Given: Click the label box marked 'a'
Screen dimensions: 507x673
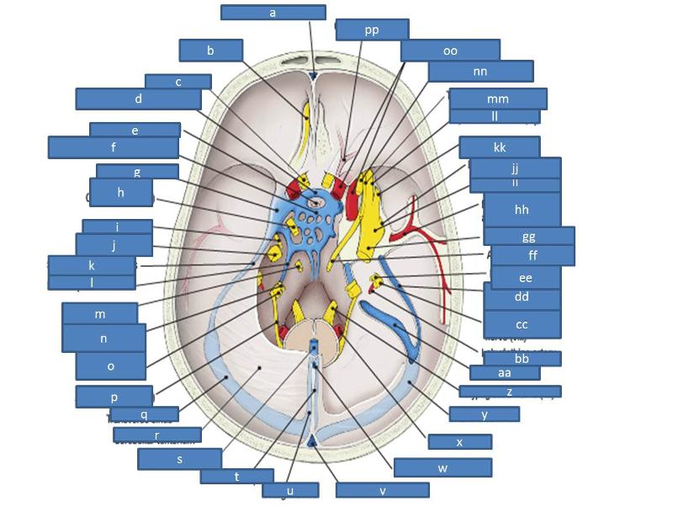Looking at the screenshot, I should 273,13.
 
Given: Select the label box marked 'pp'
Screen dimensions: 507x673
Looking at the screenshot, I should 372,29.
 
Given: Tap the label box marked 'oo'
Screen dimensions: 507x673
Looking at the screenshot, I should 450,51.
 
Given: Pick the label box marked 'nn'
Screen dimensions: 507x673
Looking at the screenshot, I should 480,72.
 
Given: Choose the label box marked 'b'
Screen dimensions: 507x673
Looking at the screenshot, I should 210,51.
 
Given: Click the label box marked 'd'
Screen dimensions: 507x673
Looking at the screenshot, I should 138,99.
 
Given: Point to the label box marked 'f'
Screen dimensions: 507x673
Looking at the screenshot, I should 113,147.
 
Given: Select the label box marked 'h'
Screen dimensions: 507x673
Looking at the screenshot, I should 121,192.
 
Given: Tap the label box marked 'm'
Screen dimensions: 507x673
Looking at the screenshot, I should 99,314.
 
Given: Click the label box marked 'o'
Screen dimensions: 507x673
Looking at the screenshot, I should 110,366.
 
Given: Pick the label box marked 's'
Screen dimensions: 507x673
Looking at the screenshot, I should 179,459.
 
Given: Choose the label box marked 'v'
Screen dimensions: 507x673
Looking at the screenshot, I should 382,490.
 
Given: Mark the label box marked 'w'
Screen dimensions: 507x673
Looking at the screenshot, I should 442,467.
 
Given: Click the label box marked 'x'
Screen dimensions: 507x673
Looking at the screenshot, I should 459,442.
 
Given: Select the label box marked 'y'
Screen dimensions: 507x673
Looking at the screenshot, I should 485,414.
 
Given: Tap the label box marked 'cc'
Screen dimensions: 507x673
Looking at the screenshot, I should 522,324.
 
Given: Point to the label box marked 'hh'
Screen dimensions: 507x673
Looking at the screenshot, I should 522,210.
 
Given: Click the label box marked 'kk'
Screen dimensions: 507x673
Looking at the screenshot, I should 500,147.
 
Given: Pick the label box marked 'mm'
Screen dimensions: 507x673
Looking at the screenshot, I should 498,99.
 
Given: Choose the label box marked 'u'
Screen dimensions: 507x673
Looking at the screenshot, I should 290,490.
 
